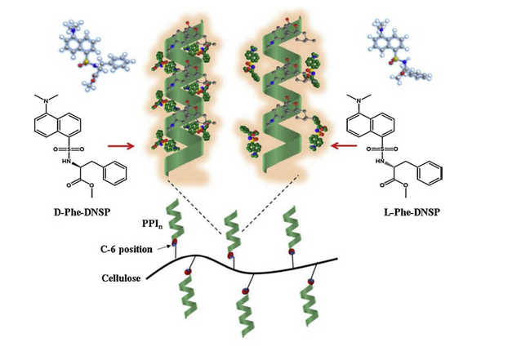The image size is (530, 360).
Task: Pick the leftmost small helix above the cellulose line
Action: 177,227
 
